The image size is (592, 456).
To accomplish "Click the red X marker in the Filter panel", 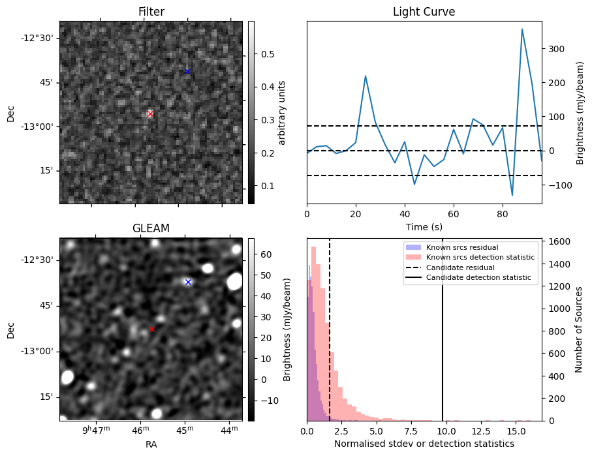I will click(150, 114).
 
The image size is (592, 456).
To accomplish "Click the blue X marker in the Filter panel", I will click(187, 71).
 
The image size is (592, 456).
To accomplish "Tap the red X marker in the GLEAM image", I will click(152, 329).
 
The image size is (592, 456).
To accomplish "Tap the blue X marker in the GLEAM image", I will click(188, 282).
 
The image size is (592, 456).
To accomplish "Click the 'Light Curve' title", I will click(424, 12).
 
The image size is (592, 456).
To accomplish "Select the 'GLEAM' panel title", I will click(151, 228).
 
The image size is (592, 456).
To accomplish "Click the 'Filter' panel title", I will click(151, 12).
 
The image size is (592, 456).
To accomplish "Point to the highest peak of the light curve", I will click(522, 29).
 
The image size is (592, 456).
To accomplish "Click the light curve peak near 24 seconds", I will click(365, 76).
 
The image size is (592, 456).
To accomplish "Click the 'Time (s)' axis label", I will click(424, 226).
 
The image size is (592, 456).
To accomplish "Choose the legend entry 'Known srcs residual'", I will click(461, 247).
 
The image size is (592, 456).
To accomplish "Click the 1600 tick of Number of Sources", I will click(557, 241).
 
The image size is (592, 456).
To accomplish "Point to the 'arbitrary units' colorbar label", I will click(282, 112).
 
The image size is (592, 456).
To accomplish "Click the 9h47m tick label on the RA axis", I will click(96, 431).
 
